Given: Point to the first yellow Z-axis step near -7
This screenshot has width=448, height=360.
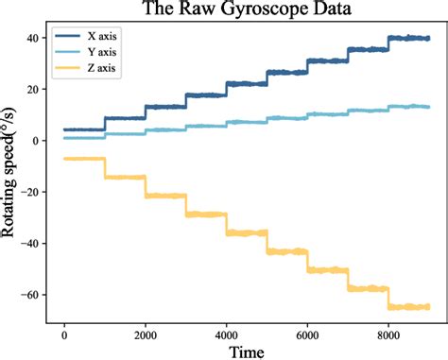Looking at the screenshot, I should click(84, 159).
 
